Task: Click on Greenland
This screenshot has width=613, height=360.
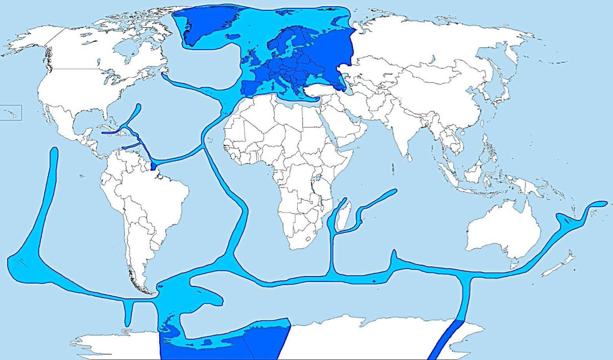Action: point(204,26)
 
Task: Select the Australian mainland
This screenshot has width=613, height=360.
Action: point(503,230)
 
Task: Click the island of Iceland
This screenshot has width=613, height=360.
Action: point(232,36)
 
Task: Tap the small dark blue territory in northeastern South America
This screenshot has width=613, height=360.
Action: point(154,167)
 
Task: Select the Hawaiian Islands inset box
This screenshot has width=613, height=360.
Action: point(10,113)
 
